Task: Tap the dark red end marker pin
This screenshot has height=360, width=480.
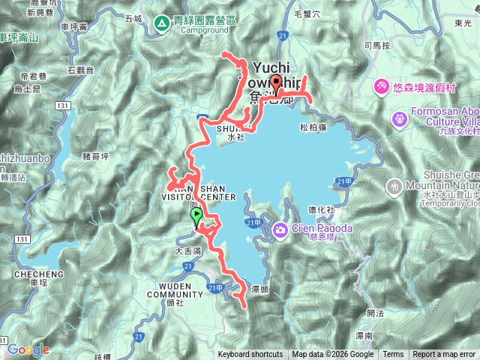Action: (x=276, y=83)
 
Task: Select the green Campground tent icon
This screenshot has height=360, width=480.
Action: (x=162, y=24)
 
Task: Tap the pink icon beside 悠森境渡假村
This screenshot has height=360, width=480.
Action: (x=381, y=87)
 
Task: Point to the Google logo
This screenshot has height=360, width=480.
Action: (x=28, y=349)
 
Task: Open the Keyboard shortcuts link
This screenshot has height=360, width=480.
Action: (x=251, y=355)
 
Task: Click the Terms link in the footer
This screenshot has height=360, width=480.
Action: (x=393, y=355)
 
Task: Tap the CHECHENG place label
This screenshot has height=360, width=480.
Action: (x=32, y=274)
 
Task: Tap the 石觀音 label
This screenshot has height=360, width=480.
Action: (x=80, y=70)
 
